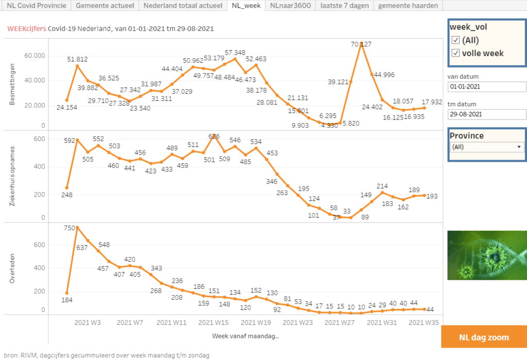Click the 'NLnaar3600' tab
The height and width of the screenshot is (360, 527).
290,6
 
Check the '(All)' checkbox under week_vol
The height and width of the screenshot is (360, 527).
455,40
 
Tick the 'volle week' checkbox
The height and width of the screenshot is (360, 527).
455,53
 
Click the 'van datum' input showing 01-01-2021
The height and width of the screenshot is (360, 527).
486,87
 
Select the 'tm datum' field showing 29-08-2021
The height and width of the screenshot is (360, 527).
486,114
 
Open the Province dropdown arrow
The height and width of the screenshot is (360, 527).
519,147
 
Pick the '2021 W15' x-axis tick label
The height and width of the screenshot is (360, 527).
213,323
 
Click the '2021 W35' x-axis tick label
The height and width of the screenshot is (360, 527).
423,323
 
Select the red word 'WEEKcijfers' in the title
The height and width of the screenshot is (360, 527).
26,29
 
